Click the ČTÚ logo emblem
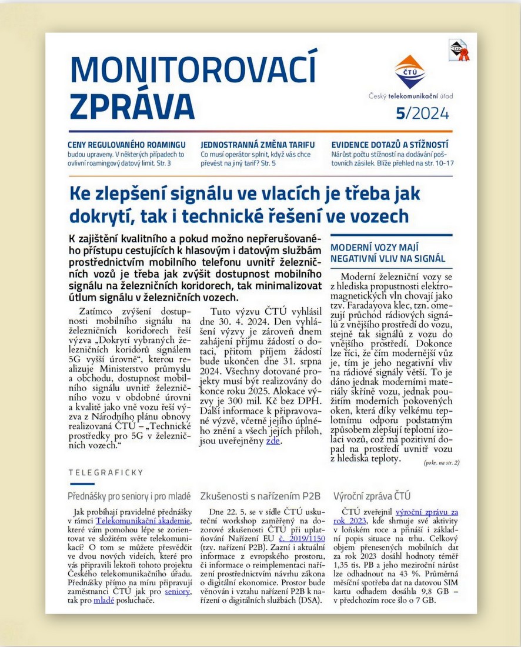[x=410, y=71]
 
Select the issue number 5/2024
[x=422, y=113]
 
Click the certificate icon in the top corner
[x=458, y=51]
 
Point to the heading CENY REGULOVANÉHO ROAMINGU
[x=127, y=144]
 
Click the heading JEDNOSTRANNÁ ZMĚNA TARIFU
[x=258, y=144]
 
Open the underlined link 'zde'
[x=272, y=441]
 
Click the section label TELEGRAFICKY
[x=106, y=472]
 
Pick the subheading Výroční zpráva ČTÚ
[x=372, y=495]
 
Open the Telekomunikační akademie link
[x=143, y=521]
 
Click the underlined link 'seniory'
[x=178, y=591]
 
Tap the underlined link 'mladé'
[x=103, y=600]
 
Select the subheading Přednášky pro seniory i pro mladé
[x=131, y=495]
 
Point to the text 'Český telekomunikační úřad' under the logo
[x=410, y=96]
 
